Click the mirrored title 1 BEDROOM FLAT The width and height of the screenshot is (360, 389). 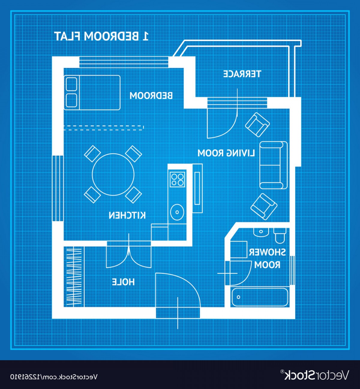pos(101,36)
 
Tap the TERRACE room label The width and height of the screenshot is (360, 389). pos(242,74)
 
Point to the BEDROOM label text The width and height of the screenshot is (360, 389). pos(151,95)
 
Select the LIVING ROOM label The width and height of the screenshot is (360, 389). pos(226,153)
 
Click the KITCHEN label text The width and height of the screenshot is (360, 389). pos(127,215)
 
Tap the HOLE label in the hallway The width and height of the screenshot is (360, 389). pos(123,282)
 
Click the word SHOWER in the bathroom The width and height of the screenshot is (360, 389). pos(267,252)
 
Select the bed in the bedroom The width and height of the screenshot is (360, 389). pos(92,93)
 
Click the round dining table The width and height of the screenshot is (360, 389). pos(113,174)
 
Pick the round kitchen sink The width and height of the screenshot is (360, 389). pos(177,212)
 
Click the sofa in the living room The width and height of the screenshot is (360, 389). pos(273,165)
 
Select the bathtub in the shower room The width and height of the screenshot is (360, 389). pos(260,297)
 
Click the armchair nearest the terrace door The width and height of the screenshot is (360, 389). pos(257,125)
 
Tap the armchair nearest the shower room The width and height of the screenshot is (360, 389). pos(264,207)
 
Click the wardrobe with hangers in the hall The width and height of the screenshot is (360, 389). pos(74,277)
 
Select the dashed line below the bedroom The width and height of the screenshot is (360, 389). pos(103,128)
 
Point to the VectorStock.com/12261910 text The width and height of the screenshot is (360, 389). pos(54,377)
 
